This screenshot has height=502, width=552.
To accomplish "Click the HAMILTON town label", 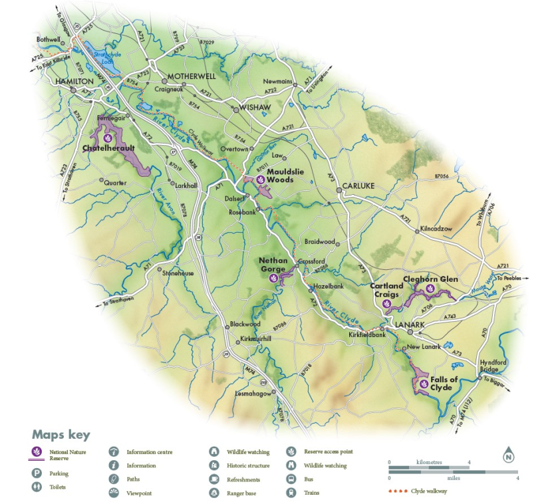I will coord(74,80).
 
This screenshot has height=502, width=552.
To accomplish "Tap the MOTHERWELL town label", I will coord(193,76).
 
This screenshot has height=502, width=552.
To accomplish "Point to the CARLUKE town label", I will coord(359,188).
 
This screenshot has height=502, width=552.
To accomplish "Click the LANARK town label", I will coord(410,324).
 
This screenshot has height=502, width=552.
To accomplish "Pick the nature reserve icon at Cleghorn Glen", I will coord(430,290).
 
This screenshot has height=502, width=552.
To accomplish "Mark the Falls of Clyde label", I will coord(444,383).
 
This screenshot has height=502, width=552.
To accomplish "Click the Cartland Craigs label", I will coord(386,290).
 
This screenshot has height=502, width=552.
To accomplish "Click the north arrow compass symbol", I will coord(509,455).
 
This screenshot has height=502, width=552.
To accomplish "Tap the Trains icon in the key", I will coord(291,493).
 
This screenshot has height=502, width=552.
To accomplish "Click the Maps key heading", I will coord(61,434).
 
